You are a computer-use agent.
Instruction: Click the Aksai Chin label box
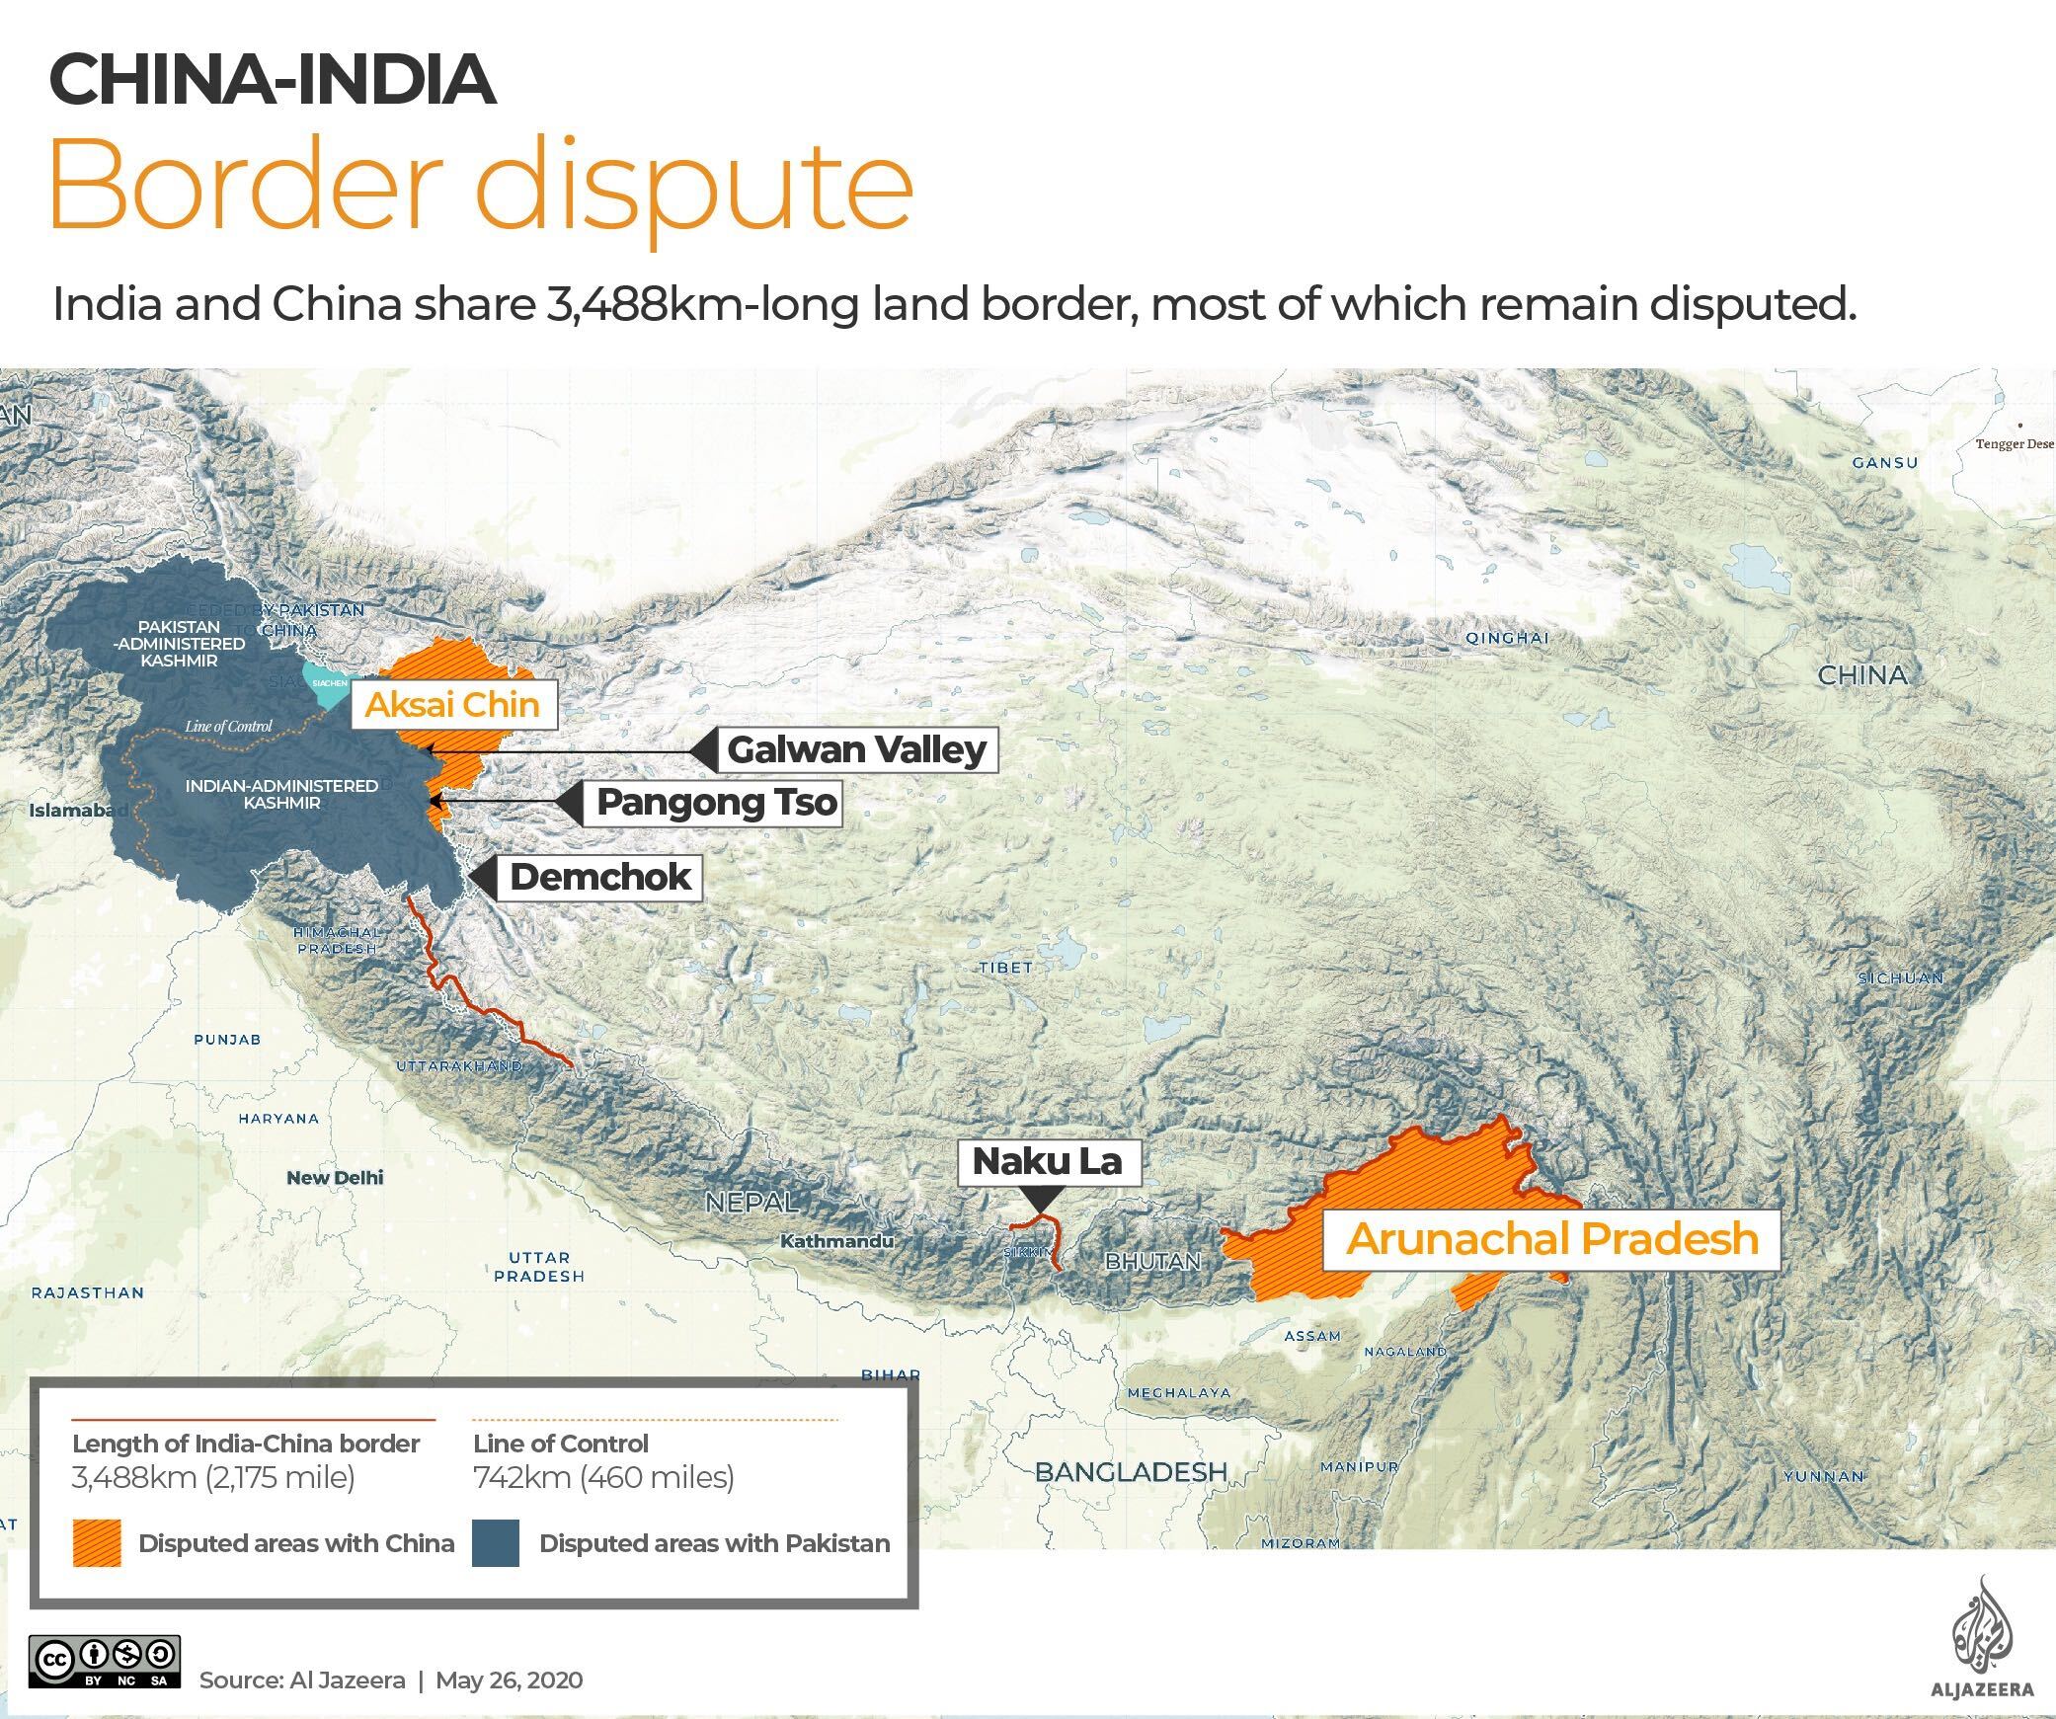click(x=452, y=705)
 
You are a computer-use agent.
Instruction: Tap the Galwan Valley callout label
click(x=856, y=750)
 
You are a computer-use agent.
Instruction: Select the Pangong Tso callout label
click(x=717, y=803)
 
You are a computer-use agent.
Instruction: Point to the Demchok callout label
click(x=600, y=877)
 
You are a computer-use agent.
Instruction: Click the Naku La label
click(x=1047, y=1161)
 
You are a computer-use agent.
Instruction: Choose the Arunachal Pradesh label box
click(x=1551, y=1239)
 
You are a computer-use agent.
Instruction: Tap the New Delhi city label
click(x=335, y=1177)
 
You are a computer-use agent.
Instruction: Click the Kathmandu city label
click(x=837, y=1241)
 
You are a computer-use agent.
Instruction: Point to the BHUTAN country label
click(x=1152, y=1261)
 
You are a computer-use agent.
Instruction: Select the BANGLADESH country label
click(x=1131, y=1472)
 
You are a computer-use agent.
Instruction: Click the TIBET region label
click(x=1006, y=968)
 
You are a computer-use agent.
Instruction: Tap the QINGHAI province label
click(x=1507, y=638)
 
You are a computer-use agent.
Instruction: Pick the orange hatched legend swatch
click(x=97, y=1543)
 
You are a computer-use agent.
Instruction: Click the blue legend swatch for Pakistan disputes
click(x=496, y=1543)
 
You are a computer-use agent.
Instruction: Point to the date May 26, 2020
click(x=509, y=1680)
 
